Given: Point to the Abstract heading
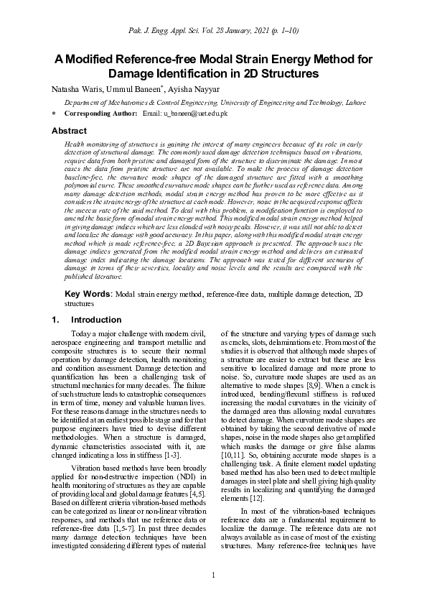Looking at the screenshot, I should (x=69, y=131).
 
